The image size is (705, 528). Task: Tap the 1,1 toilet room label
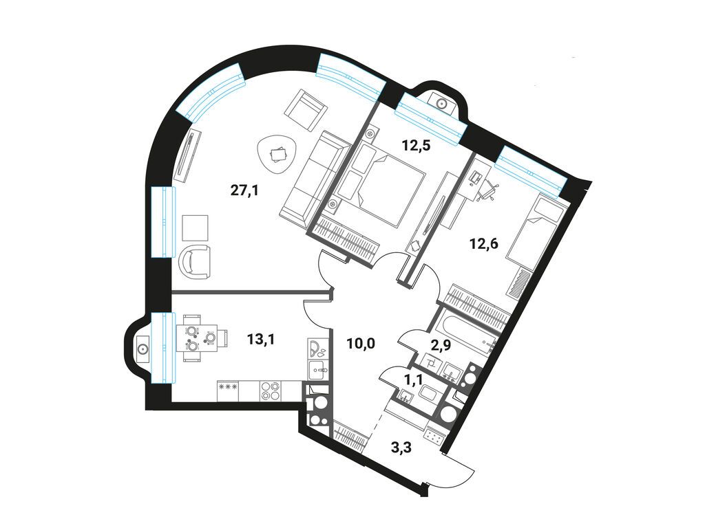click(x=414, y=380)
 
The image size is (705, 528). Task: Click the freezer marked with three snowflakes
click(x=228, y=390)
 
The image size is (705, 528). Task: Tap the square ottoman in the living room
click(x=196, y=228)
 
